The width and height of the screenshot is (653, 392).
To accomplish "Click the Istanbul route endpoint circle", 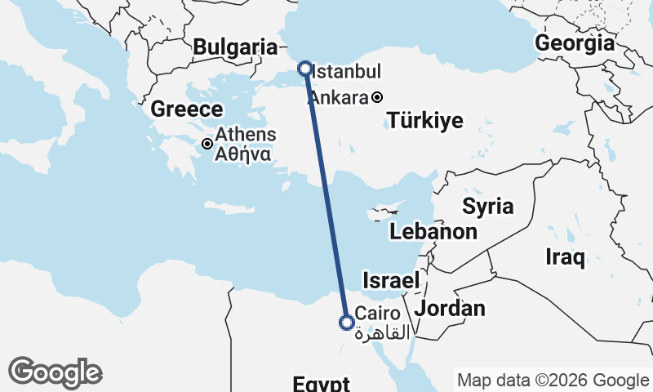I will pos(304,69).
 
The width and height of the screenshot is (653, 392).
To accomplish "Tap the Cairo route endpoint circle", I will pos(346,323).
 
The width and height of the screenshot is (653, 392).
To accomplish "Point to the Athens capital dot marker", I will pos(207,144).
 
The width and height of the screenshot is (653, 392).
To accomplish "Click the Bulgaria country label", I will pos(235,47).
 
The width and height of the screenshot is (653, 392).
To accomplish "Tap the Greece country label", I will pos(187,109).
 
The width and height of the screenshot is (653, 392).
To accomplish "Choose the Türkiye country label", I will pos(425,122).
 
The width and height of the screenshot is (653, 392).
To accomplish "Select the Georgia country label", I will pos(575,43).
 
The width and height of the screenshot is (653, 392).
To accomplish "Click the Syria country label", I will pos(488,206).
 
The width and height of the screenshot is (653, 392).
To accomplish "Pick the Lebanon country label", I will pos(433,232).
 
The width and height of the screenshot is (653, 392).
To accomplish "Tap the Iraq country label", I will pos(565,258).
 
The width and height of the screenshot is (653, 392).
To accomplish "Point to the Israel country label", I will pos(391,279).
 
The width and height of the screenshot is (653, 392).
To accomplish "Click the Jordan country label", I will pos(450,309).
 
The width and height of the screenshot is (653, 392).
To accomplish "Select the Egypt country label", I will pos(322,384).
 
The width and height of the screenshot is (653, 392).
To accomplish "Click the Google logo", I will pos(55,372).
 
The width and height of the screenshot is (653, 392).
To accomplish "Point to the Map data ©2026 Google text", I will pos(553,381).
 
